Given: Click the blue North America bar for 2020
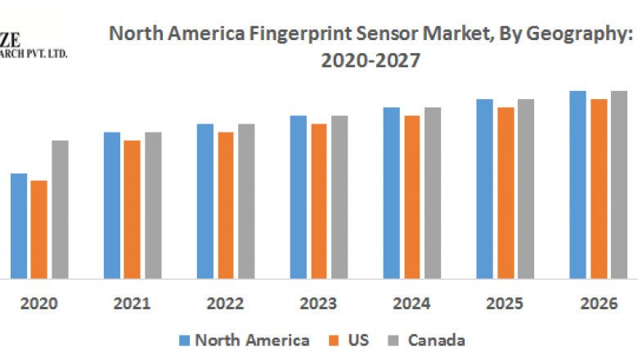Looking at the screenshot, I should [19, 225].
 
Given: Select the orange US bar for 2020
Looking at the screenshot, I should [38, 229].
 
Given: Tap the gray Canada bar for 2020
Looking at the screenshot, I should [60, 209].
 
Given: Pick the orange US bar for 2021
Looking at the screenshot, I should [132, 209].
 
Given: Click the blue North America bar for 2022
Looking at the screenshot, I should [204, 200].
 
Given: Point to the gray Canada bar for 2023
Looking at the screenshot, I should [339, 196].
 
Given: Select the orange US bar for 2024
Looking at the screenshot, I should [412, 196].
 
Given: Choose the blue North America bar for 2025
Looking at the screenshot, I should [485, 188].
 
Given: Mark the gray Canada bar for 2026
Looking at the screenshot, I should [618, 184].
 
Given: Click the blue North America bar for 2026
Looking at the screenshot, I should [578, 184].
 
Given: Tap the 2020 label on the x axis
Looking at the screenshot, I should [38, 304].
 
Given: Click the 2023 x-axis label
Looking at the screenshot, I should [318, 304].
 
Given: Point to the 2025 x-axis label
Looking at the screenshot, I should [505, 304].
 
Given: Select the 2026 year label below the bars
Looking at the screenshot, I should [598, 304].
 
